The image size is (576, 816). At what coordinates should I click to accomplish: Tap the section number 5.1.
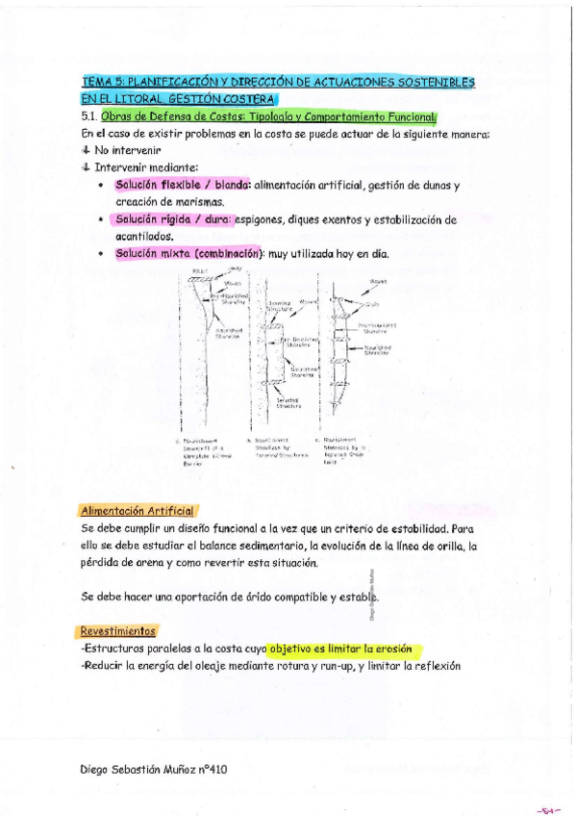pos(90,116)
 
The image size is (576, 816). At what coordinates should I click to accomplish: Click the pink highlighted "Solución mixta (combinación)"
pos(188,254)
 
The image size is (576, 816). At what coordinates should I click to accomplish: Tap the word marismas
pos(200,202)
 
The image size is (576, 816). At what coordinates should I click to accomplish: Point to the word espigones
pos(263,219)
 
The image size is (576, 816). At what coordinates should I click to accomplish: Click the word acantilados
pos(144,236)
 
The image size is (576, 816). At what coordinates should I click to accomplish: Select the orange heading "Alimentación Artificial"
pos(138,510)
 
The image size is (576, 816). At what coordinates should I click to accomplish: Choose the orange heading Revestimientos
pos(118,631)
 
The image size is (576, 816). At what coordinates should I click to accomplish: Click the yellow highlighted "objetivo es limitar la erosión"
pos(347,649)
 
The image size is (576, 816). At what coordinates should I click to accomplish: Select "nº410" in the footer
pos(213,769)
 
